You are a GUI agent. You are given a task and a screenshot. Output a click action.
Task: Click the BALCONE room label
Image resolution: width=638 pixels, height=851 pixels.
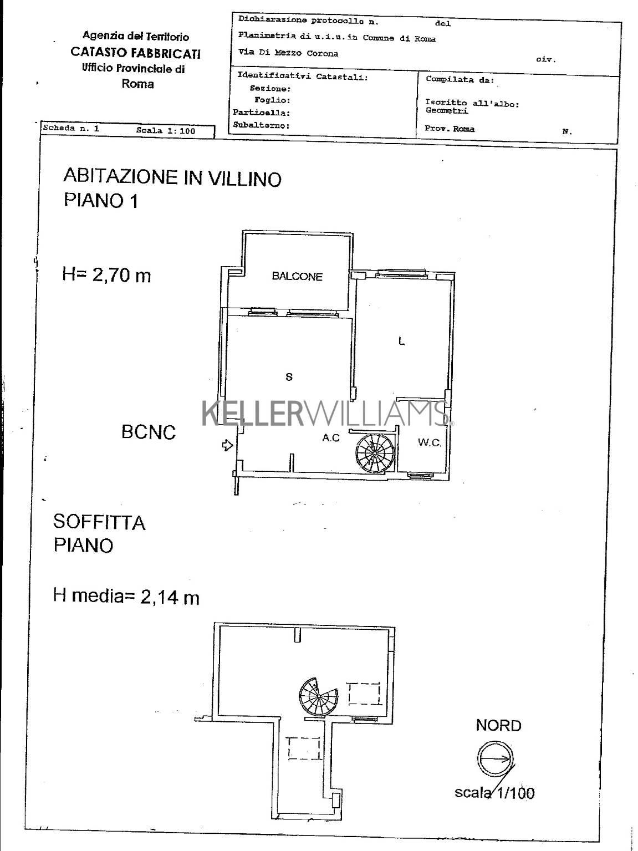(297, 277)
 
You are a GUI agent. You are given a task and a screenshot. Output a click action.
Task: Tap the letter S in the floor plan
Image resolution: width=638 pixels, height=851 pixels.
(289, 376)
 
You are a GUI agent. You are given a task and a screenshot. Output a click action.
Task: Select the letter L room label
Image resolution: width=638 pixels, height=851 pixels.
(401, 341)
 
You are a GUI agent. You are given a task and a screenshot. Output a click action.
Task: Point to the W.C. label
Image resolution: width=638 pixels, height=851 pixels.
(429, 442)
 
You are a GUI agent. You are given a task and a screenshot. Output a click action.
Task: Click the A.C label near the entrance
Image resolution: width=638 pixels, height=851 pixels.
(330, 438)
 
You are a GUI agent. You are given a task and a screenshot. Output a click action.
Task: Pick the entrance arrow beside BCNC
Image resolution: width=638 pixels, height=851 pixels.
(227, 446)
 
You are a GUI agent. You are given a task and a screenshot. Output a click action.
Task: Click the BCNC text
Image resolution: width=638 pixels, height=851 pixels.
(149, 432)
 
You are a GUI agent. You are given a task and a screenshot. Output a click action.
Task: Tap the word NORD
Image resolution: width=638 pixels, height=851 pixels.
(498, 725)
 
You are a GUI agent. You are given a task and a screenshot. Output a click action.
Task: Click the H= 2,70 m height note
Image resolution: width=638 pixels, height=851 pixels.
(106, 275)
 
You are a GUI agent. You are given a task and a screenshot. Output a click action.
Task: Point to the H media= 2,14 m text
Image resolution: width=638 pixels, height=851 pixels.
(126, 597)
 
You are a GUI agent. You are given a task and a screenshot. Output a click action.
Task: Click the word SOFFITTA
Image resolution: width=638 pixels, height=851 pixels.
(99, 522)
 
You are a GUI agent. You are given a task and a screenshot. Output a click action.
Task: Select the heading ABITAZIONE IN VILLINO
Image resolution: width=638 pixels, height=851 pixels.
(172, 177)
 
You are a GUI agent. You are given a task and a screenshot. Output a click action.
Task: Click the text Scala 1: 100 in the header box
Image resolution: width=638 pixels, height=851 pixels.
(166, 131)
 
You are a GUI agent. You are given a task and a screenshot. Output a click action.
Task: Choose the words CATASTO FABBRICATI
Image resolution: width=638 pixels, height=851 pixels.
(136, 53)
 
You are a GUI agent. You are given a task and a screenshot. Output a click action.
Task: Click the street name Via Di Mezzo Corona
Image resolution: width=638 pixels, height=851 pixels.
(288, 53)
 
